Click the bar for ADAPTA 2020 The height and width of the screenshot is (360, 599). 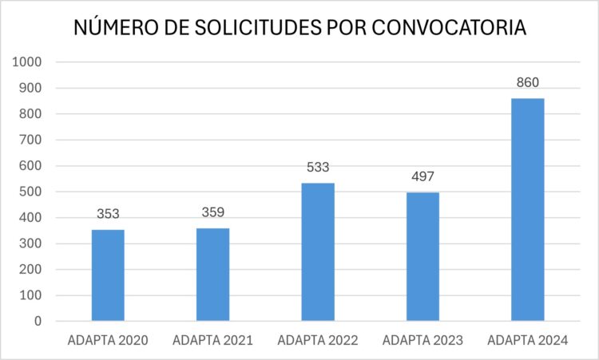[x=108, y=275]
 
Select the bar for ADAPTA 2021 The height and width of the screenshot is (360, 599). [x=212, y=275]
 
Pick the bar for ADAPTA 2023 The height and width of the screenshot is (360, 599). [x=422, y=257]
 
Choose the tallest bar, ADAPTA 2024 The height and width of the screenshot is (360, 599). [x=527, y=210]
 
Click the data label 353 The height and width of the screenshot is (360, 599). [x=108, y=214]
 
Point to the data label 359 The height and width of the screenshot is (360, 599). [x=212, y=212]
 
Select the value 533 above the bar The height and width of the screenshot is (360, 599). [x=318, y=168]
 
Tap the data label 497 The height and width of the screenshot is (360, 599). [x=422, y=176]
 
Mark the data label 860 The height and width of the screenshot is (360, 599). [x=527, y=82]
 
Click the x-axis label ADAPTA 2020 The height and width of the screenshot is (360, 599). [x=108, y=341]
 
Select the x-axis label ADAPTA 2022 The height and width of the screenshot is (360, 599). [x=318, y=341]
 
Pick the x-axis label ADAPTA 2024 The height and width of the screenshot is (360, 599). [x=527, y=341]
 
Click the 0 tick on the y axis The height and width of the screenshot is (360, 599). [x=38, y=322]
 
